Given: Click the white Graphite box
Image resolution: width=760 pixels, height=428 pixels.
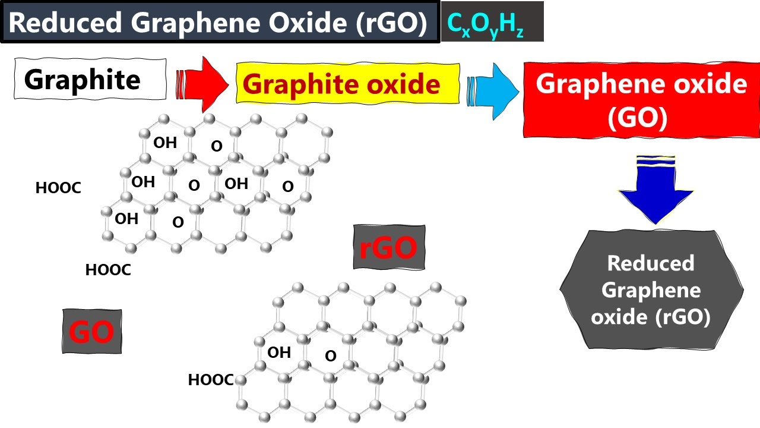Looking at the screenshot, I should [90, 79].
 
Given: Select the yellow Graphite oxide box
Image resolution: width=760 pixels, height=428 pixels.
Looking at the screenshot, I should [347, 84].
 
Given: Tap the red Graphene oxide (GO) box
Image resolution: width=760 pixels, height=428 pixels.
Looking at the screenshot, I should [641, 100].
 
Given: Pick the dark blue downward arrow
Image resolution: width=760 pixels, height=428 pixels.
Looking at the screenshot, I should [655, 189].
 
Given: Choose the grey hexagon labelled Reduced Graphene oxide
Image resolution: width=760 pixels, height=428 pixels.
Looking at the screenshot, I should [651, 289].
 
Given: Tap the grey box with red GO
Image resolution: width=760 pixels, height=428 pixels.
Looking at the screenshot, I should [92, 331].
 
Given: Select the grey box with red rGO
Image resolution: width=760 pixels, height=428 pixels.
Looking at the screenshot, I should [389, 247].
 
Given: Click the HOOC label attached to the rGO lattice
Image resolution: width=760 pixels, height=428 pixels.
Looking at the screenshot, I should [211, 380].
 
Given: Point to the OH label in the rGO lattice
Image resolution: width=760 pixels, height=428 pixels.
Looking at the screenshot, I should [279, 353].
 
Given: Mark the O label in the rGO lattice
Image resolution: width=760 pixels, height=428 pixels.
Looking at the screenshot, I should [331, 356].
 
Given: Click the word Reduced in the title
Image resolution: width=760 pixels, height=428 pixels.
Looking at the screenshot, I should [66, 23].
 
